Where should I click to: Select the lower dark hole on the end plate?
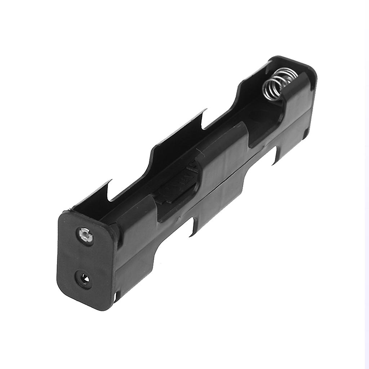(83, 279)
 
